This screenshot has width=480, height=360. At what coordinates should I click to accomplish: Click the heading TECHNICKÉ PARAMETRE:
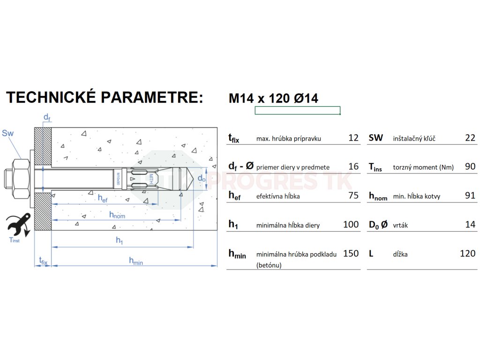coord(105,97)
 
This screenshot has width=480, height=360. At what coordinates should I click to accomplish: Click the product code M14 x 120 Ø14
coord(273,98)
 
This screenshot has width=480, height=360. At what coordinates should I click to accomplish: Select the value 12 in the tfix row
coord(353,138)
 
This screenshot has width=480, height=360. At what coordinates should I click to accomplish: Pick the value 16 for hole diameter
coord(353,166)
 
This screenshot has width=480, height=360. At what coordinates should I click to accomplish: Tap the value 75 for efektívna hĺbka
coord(353,195)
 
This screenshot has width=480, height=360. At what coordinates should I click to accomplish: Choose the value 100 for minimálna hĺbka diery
coord(351,225)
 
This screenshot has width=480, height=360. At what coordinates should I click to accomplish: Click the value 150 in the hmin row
coord(351,254)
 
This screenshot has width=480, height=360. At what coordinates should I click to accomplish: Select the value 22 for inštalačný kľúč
coord(470,138)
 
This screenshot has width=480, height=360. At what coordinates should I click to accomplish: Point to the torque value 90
coord(470,166)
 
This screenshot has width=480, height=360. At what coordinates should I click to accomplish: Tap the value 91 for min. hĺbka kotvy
coord(470,195)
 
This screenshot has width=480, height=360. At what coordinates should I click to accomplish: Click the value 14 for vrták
coord(470,225)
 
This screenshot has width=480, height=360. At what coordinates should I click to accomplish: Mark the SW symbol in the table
coord(376,138)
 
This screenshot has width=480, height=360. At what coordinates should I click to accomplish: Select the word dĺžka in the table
coord(400,255)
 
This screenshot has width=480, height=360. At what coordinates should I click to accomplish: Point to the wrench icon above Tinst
coord(19,225)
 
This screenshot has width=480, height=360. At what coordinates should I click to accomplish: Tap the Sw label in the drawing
coord(8,133)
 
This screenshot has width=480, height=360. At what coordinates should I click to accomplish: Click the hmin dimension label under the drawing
coord(136,262)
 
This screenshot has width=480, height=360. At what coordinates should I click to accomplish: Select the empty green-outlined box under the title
coord(297,111)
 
